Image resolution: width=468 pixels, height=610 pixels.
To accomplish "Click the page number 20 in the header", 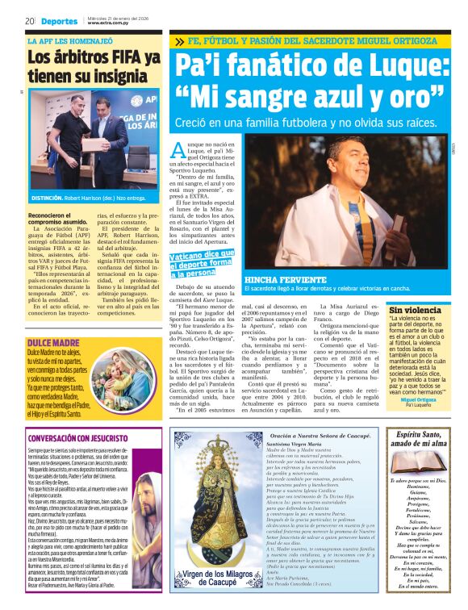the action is [29, 20].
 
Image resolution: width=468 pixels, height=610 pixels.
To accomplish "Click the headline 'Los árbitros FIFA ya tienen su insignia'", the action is [94, 66].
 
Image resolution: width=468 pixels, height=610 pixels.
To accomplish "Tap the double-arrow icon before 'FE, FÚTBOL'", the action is [178, 40].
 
